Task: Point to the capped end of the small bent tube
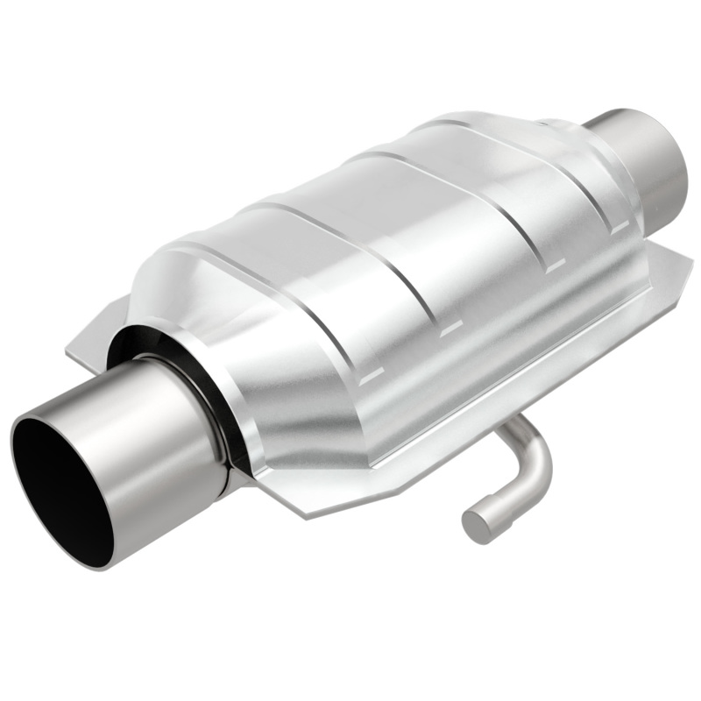[476, 523]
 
